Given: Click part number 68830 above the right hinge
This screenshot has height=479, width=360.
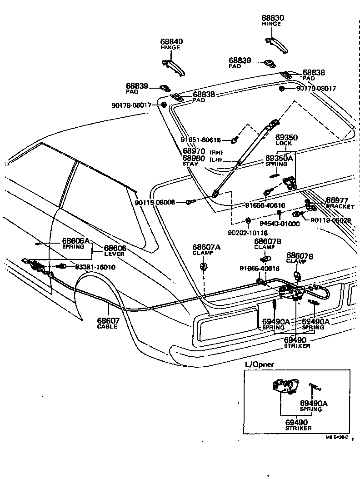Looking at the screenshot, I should click(x=272, y=19).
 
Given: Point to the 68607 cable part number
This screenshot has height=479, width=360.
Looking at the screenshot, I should click(x=107, y=320).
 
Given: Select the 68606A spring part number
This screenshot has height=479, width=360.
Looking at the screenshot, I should click(x=76, y=240).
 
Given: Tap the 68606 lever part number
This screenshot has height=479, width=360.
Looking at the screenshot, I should click(x=115, y=248).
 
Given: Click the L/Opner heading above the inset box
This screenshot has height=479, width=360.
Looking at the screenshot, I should click(x=257, y=365).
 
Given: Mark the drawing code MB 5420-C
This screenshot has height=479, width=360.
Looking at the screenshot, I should click(x=336, y=437).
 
